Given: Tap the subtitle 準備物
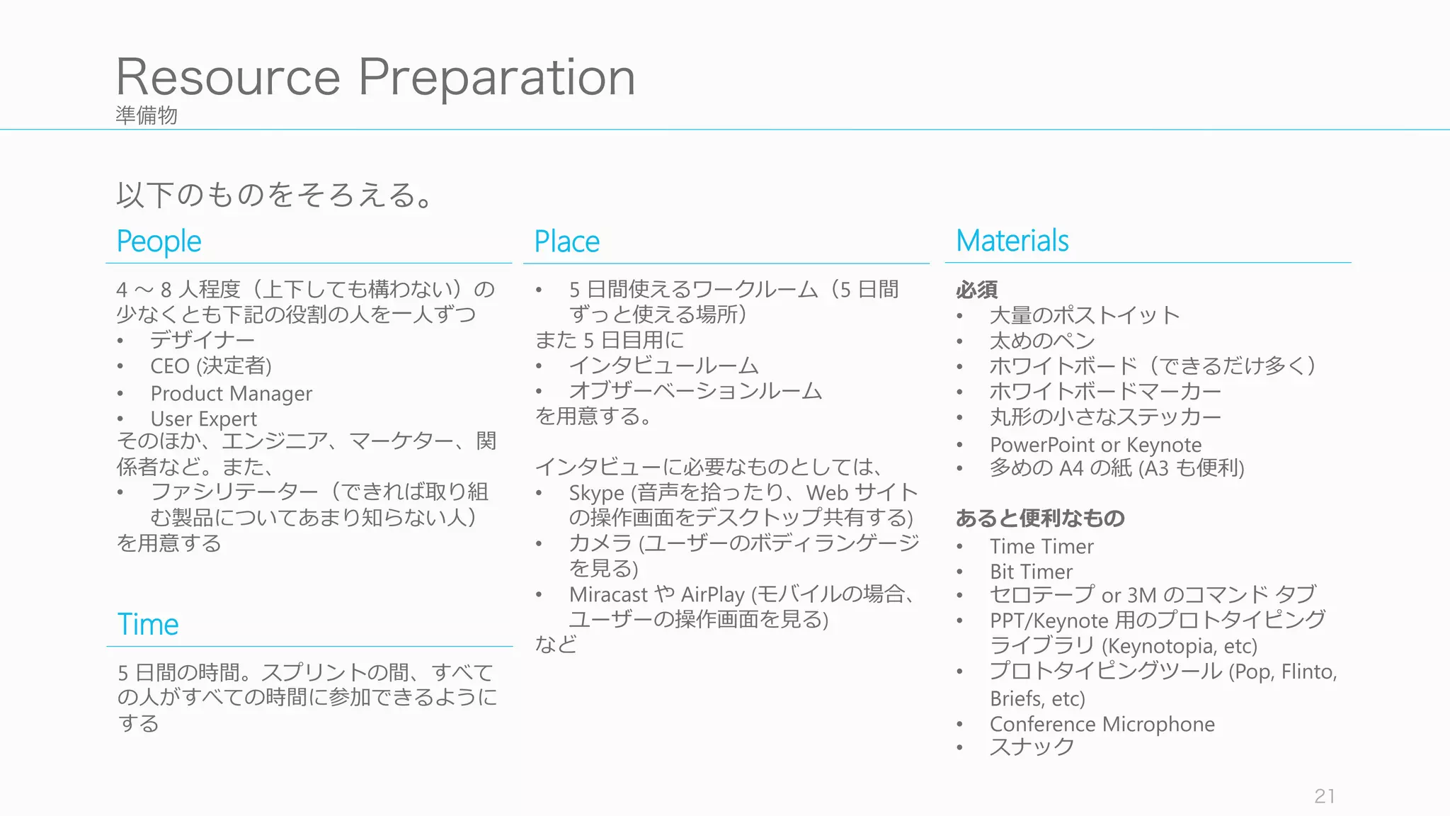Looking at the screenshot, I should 147,115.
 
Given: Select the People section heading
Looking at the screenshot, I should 159,242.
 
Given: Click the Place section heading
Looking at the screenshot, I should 566,242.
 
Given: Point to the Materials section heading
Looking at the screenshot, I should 1012,241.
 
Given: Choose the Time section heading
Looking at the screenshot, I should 148,624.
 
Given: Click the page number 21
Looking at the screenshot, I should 1324,796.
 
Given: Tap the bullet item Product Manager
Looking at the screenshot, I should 231,393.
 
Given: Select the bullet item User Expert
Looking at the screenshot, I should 203,419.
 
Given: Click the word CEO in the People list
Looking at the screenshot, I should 170,366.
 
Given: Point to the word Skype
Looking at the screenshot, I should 596,493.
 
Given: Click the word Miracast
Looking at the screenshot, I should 608,594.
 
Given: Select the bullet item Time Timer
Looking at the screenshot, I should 1041,546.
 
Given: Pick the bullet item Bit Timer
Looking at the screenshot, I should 1031,572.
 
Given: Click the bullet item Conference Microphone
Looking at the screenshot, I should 1102,724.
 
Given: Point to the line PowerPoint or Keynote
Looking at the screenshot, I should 1095,445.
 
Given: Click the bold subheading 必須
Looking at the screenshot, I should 976,290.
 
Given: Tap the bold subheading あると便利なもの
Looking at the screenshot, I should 1039,518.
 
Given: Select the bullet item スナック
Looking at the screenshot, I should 1032,747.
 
